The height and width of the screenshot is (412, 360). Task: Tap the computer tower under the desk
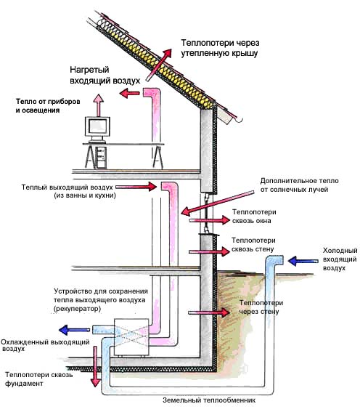(102, 157)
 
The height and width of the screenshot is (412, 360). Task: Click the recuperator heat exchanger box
(131, 337)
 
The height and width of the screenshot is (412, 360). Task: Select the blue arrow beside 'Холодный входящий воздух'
(303, 261)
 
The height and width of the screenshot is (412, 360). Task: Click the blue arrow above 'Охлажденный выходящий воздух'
(74, 330)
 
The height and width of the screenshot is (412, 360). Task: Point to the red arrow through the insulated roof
(158, 65)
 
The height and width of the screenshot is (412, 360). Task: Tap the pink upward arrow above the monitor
(99, 105)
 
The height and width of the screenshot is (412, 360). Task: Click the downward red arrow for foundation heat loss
(95, 366)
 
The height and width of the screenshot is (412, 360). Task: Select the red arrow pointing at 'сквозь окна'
(209, 220)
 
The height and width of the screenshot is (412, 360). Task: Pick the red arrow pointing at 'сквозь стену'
(209, 251)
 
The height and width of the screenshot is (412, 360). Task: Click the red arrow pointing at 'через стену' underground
(209, 312)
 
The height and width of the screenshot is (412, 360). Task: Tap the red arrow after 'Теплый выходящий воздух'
(136, 187)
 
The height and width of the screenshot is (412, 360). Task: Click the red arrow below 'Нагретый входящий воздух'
(130, 93)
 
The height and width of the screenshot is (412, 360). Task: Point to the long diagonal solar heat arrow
(218, 203)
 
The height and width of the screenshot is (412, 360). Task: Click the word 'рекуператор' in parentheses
(77, 309)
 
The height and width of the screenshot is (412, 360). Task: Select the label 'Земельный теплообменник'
(209, 400)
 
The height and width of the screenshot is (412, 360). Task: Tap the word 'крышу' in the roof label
(245, 53)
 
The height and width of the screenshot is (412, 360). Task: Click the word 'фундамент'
(24, 384)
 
